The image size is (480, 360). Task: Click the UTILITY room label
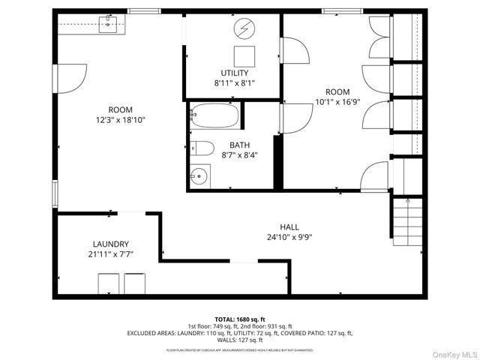[x=234, y=73]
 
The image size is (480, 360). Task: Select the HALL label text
[x=289, y=226]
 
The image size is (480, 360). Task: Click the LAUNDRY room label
[x=111, y=244]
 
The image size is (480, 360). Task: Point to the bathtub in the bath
[x=214, y=117]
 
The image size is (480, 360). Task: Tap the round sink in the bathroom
[x=198, y=178]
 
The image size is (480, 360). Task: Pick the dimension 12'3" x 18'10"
[x=120, y=119]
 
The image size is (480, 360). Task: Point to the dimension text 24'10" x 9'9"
[x=289, y=237]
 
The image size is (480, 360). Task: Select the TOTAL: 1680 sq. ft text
[x=240, y=319]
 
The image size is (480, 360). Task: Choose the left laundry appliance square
[x=109, y=284]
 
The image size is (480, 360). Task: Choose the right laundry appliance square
[x=135, y=284]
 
